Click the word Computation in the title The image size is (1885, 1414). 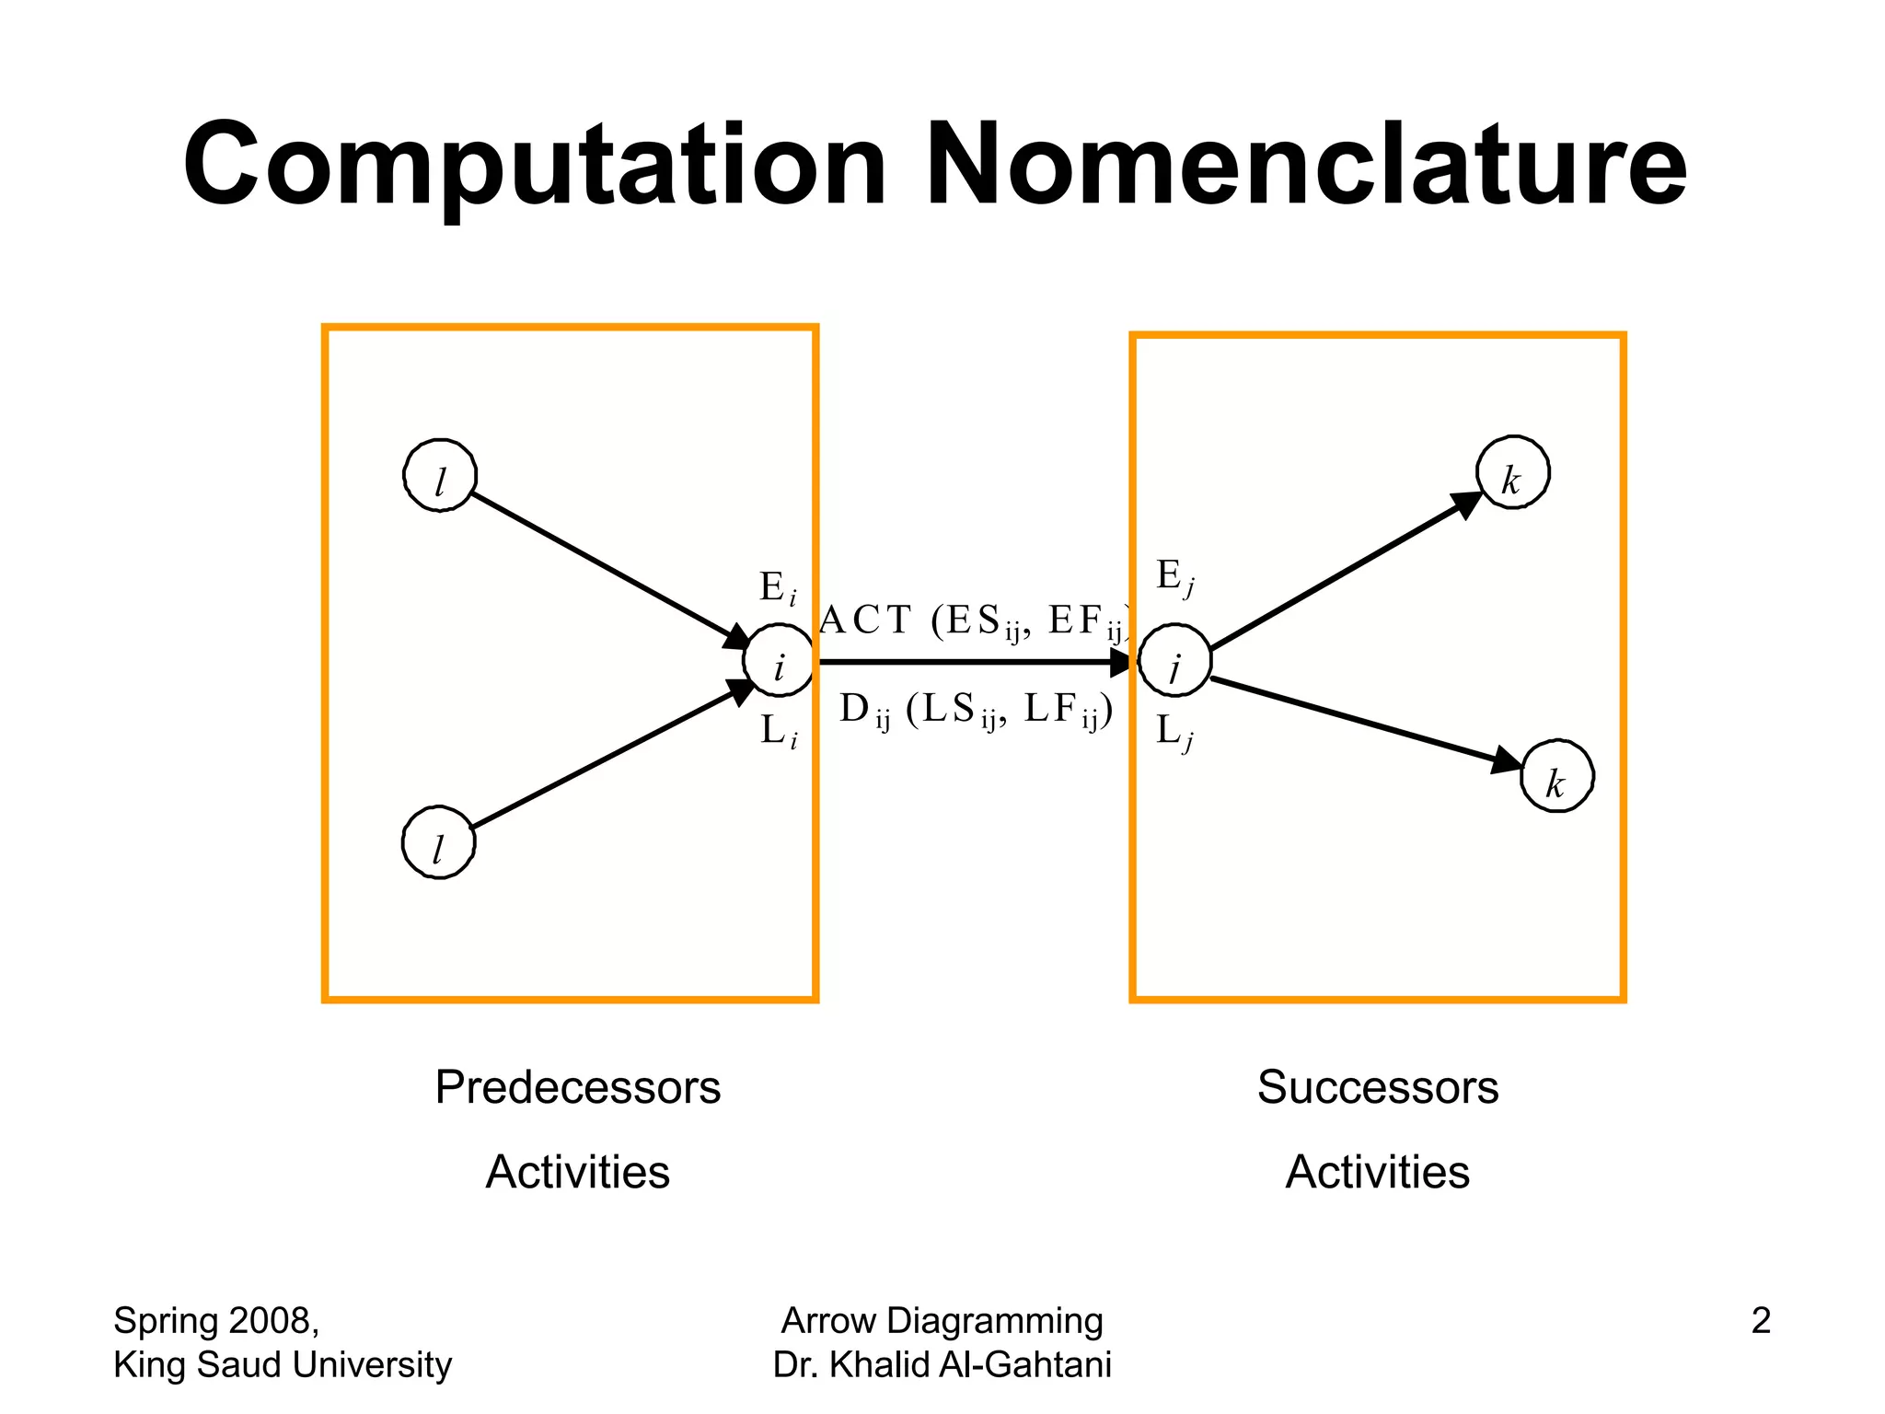coord(534,166)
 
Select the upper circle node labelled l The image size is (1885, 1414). coord(440,476)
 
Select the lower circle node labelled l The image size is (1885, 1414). coord(438,842)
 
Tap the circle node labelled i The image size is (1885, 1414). coord(779,662)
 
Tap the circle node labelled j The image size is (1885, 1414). coord(1174,662)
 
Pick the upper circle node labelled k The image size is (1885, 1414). coord(1512,473)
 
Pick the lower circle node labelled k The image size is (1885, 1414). coord(1556,777)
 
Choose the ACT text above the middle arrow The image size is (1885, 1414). coord(866,620)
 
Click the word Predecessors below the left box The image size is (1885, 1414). coord(577,1087)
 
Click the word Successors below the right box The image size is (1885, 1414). coord(1377,1087)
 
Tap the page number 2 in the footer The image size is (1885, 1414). coord(1760,1321)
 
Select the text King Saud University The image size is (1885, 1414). coord(283,1364)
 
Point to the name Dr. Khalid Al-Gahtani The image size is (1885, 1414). coord(942,1364)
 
